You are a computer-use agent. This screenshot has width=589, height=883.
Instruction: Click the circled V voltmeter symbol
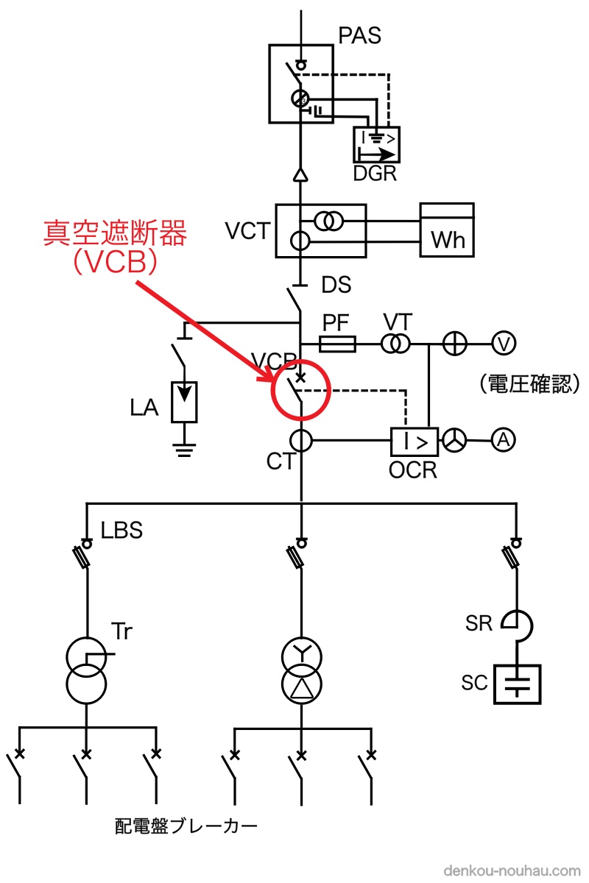(504, 342)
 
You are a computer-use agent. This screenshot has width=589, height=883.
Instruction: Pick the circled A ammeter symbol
(503, 440)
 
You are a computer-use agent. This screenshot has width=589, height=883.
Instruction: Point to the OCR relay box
(414, 441)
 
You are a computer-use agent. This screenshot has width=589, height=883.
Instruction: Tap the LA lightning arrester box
(184, 402)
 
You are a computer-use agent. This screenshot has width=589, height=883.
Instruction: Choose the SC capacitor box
(517, 684)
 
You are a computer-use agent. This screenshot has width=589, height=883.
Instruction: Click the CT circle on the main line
(301, 441)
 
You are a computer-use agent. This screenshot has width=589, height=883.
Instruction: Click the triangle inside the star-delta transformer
(301, 688)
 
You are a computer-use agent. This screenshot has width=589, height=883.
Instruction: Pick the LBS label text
(122, 530)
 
